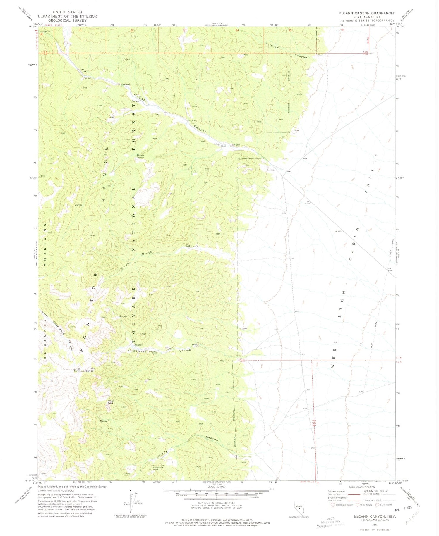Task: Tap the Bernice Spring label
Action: pos(140,156)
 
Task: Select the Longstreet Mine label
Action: pos(158,468)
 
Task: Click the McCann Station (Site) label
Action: pos(220,144)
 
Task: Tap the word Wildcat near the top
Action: pos(271,46)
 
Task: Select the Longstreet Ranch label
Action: pos(153,352)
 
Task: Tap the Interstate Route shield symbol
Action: pos(332,504)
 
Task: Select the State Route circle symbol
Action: pos(378,504)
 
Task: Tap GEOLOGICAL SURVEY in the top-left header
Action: pos(67,20)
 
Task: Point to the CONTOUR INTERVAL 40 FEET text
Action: pos(216,502)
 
